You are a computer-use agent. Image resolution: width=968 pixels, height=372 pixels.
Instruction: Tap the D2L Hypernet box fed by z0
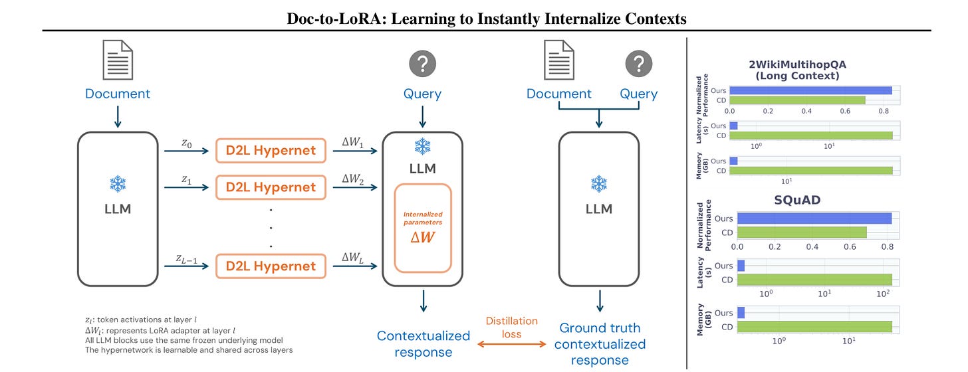click(x=271, y=151)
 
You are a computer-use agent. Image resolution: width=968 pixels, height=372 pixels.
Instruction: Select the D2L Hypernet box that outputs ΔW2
click(x=271, y=187)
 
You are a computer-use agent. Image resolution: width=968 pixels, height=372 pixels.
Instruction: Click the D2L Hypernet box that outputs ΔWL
click(x=271, y=266)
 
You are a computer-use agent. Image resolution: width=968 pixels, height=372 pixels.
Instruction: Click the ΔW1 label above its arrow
click(x=352, y=143)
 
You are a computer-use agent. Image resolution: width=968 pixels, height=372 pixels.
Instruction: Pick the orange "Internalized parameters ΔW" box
click(x=423, y=227)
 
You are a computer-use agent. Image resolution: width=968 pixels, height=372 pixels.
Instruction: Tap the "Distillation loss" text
click(x=511, y=327)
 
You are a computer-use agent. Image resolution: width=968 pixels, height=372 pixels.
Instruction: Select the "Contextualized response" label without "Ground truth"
click(x=423, y=343)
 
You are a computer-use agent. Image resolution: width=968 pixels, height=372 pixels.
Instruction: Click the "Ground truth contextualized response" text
click(x=599, y=344)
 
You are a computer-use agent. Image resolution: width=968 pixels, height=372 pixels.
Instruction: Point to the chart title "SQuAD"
click(x=814, y=200)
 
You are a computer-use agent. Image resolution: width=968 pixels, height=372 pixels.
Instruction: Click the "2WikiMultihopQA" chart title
click(x=814, y=64)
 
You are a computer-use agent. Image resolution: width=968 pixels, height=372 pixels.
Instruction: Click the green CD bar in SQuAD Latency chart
click(x=814, y=280)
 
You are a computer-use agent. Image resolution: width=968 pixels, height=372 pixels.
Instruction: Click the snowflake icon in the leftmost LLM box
click(x=118, y=184)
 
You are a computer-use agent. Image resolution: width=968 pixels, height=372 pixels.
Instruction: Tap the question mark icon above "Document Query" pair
click(x=638, y=64)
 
